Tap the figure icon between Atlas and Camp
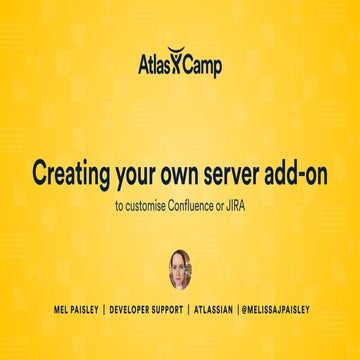point(181,65)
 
